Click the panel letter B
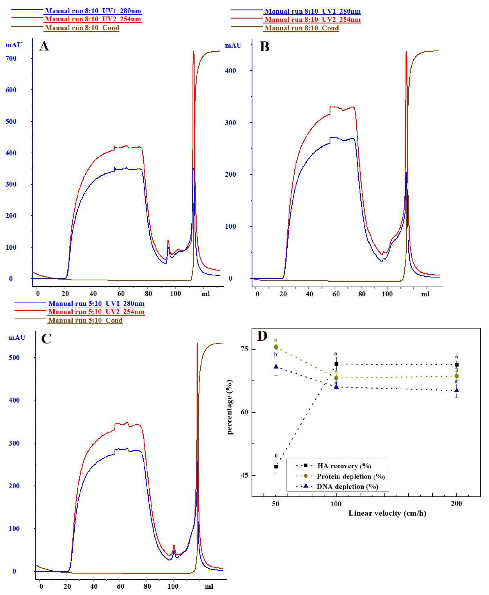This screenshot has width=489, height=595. click(x=264, y=47)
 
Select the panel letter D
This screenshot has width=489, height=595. click(x=262, y=336)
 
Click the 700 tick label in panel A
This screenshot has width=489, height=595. click(x=11, y=58)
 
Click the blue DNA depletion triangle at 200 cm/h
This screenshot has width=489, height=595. click(x=457, y=390)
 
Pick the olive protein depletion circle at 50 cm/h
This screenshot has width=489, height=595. click(x=276, y=347)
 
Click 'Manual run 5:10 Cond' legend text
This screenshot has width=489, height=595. click(x=85, y=320)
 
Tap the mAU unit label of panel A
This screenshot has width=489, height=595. click(x=14, y=45)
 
